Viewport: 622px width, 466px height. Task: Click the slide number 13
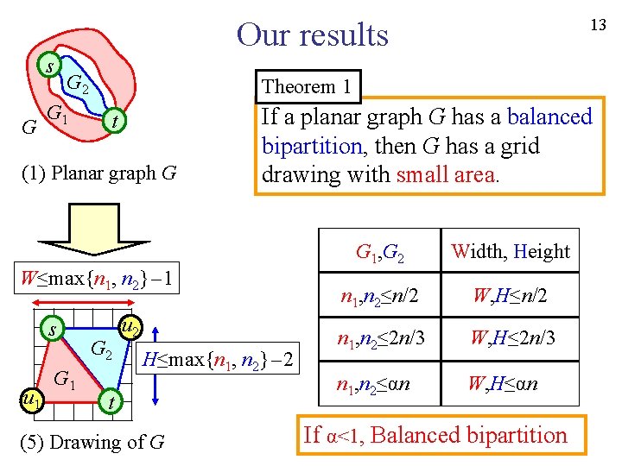598,25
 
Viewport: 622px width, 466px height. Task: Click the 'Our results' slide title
313,35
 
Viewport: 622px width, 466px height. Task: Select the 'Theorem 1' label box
307,86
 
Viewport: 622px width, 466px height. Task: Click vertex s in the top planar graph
51,66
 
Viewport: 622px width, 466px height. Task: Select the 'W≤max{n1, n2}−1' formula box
99,280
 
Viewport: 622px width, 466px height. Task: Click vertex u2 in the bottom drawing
129,328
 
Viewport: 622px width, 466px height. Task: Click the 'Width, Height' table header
511,251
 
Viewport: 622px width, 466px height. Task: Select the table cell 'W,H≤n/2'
510,298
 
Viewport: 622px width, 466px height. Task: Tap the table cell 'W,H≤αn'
505,382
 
